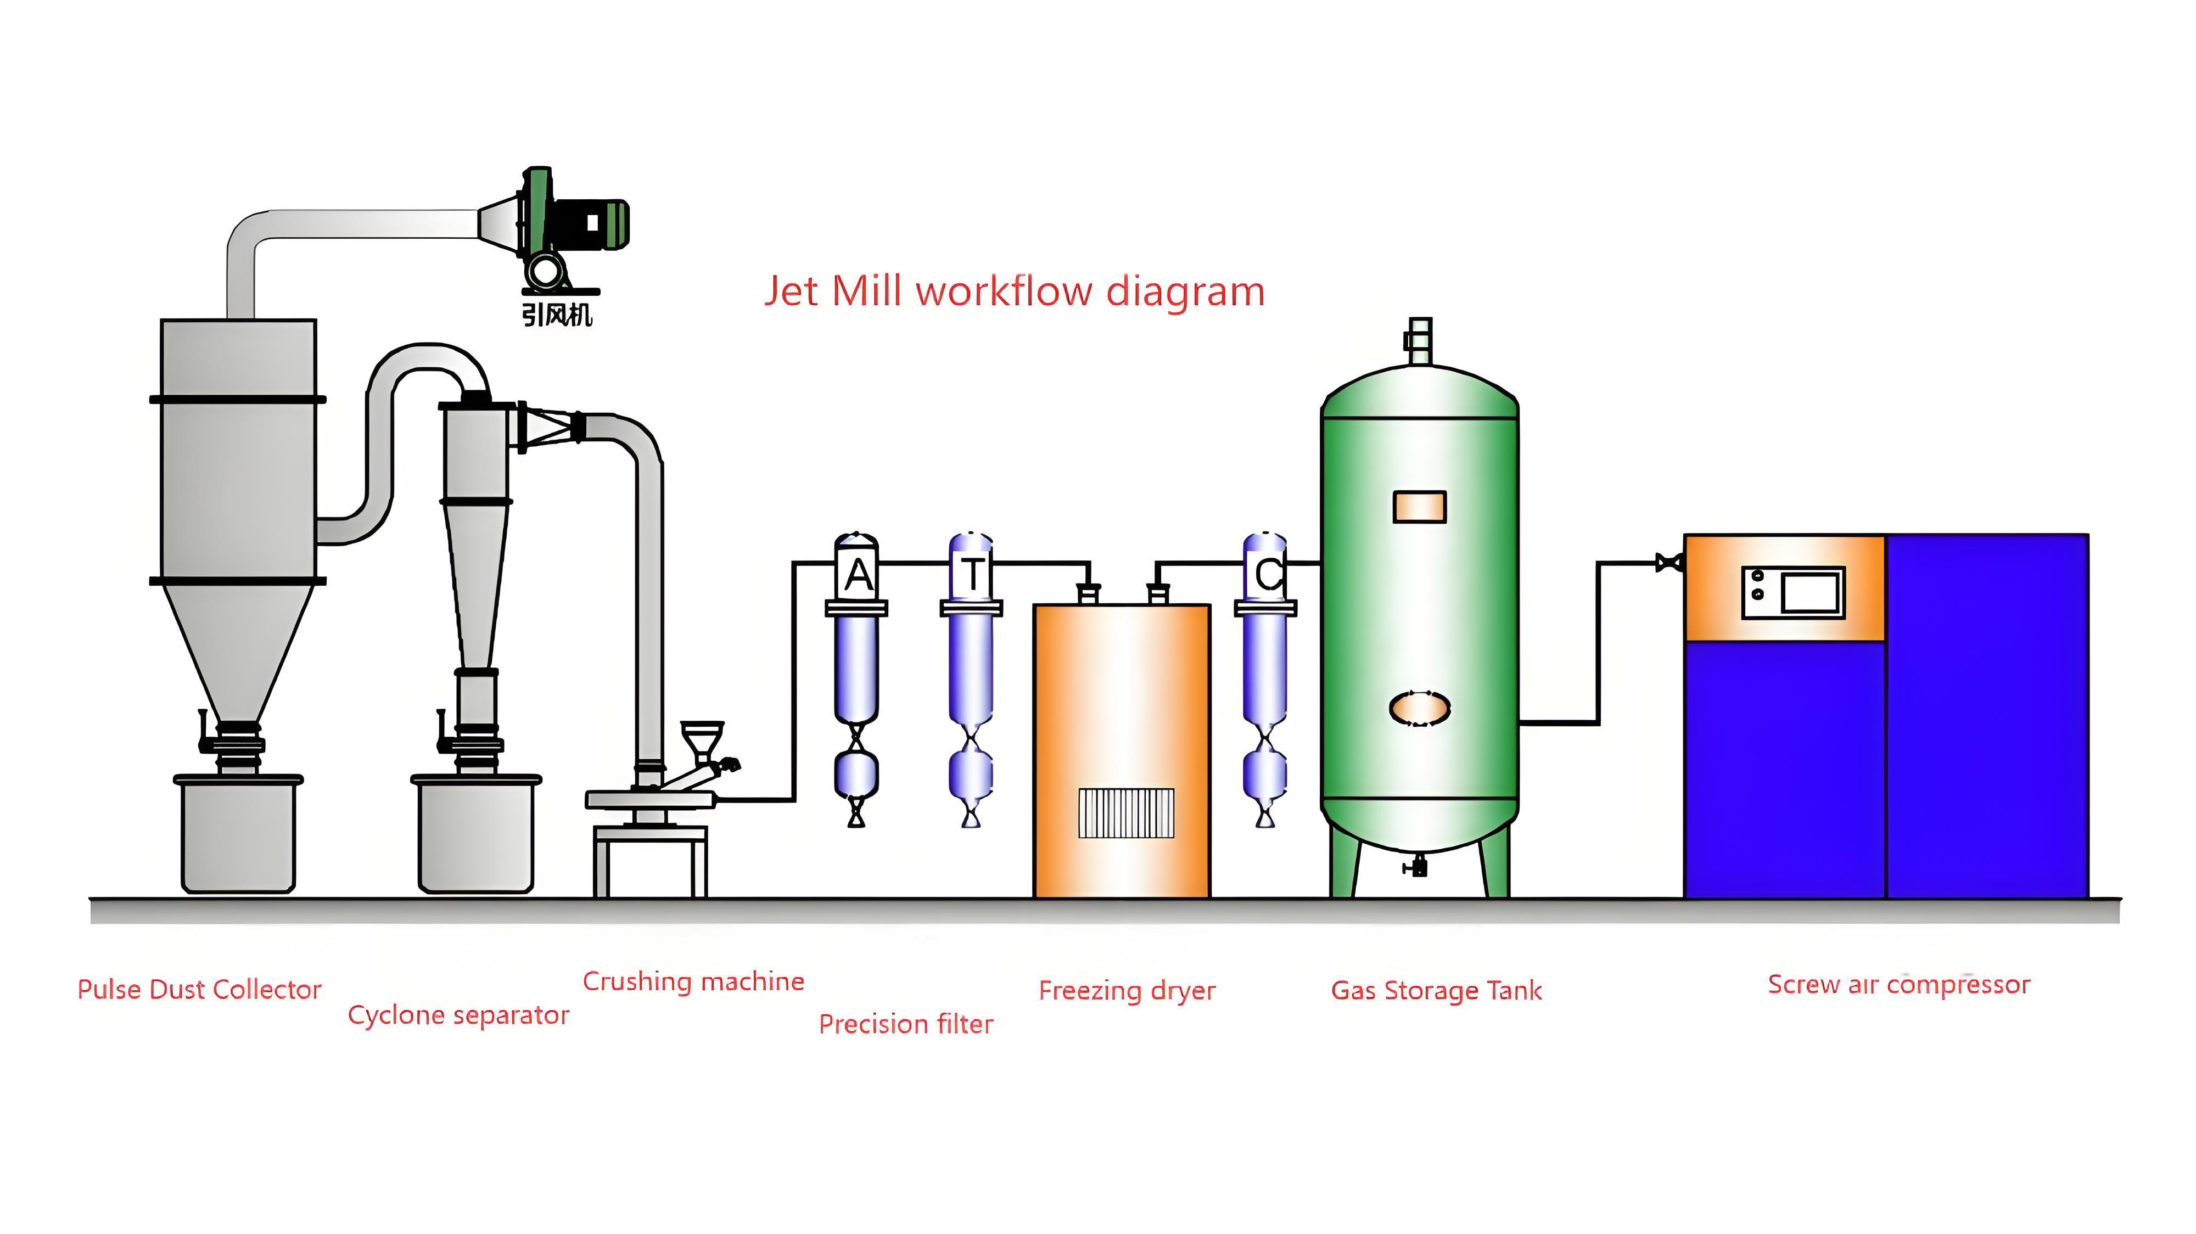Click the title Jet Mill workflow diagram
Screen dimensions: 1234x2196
pos(1013,291)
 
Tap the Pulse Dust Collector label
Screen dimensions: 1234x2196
pos(199,989)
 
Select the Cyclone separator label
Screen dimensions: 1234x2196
pos(458,1015)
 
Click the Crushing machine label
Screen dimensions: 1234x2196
pos(693,981)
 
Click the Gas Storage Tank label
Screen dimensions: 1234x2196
pos(1436,990)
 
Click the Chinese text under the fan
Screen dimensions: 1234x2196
pos(556,315)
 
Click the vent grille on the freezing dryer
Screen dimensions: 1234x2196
pos(1125,812)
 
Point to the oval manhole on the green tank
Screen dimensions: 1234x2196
pos(1419,708)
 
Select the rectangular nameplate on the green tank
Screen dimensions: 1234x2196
pos(1419,506)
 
